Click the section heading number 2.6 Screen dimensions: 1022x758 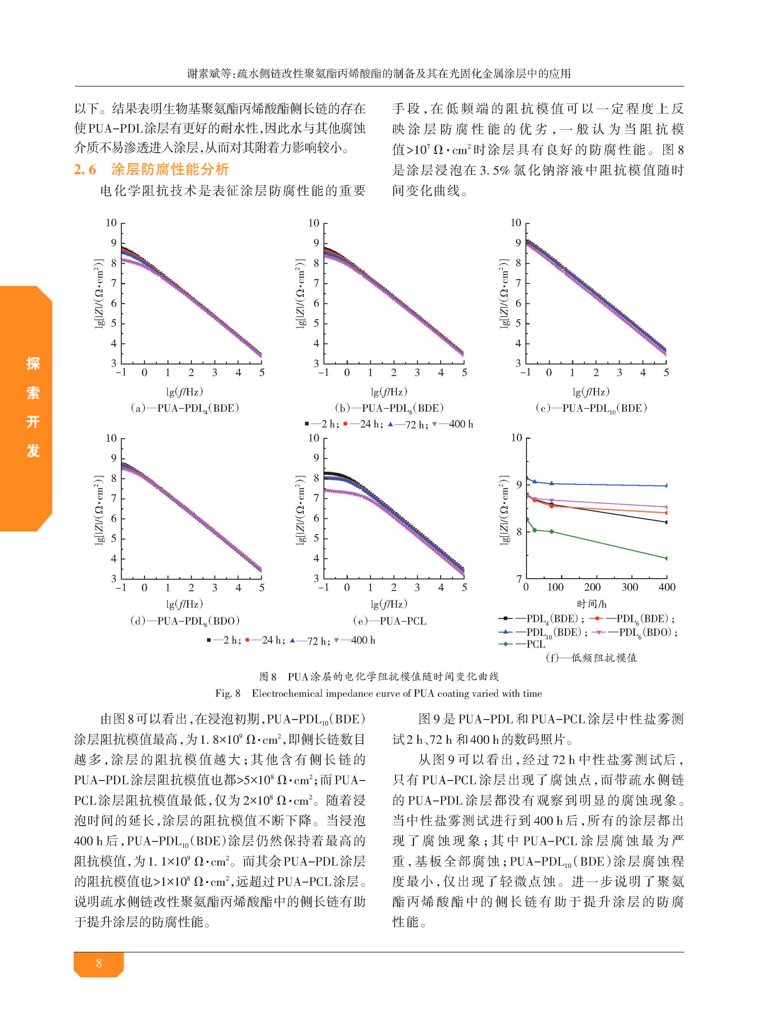coord(85,169)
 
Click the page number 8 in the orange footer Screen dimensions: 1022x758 coord(99,963)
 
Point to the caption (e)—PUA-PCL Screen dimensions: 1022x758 coord(390,621)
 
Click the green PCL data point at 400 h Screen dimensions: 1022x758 coord(666,558)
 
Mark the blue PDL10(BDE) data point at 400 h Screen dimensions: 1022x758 coord(666,485)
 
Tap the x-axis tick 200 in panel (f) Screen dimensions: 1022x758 coord(592,587)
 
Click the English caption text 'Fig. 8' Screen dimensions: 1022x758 coord(228,693)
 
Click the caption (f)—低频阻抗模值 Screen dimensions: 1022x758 coord(591,658)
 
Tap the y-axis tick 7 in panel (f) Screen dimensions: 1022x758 coord(519,579)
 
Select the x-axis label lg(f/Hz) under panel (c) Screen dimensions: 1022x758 coord(591,391)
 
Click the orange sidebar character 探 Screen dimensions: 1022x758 coord(33,364)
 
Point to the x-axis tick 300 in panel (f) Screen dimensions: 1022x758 coord(629,587)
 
